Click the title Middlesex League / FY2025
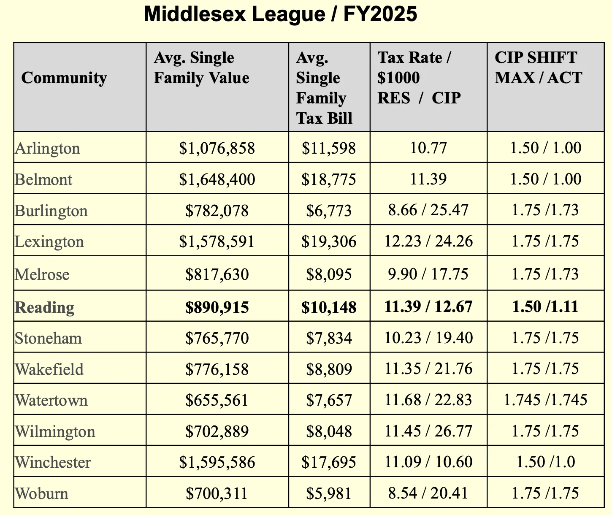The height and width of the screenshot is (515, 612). (x=280, y=14)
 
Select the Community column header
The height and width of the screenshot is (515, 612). (x=64, y=78)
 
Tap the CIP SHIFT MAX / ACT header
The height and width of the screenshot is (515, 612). (x=538, y=68)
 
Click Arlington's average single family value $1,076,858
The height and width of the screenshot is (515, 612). (x=217, y=148)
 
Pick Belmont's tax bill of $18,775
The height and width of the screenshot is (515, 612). (x=329, y=179)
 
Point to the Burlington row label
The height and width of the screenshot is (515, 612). (x=51, y=211)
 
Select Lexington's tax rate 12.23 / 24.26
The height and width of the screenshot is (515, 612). (x=428, y=241)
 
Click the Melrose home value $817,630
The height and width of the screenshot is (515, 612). (x=217, y=274)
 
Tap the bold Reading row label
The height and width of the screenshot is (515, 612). (x=45, y=307)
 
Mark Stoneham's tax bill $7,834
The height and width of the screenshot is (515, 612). (x=329, y=338)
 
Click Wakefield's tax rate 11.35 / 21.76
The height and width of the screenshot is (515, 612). (x=428, y=369)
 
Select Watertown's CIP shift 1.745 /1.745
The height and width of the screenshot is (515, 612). (x=545, y=400)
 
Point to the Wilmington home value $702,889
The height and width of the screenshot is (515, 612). (x=217, y=431)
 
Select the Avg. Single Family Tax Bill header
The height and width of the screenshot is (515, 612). (x=324, y=88)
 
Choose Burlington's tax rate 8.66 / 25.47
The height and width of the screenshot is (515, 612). (x=428, y=210)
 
